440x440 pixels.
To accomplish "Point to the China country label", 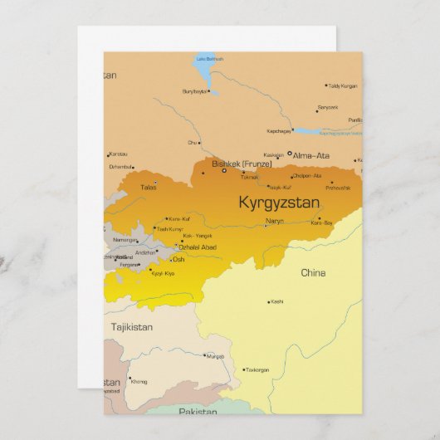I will (x=313, y=272).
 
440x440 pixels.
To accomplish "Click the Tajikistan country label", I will (x=132, y=327).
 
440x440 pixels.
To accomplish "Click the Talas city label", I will (x=149, y=187).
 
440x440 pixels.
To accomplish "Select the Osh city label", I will (x=178, y=259).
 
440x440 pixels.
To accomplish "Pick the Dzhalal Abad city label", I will (x=198, y=247).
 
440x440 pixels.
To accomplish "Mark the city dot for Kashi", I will (x=268, y=302).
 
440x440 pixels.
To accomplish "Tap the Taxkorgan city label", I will (x=258, y=369).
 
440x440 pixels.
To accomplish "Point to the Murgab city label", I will (x=215, y=356).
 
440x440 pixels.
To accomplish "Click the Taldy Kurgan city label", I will (x=341, y=86).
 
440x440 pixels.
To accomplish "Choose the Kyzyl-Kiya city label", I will (x=164, y=272).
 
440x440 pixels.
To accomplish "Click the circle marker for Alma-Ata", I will (x=290, y=154).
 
